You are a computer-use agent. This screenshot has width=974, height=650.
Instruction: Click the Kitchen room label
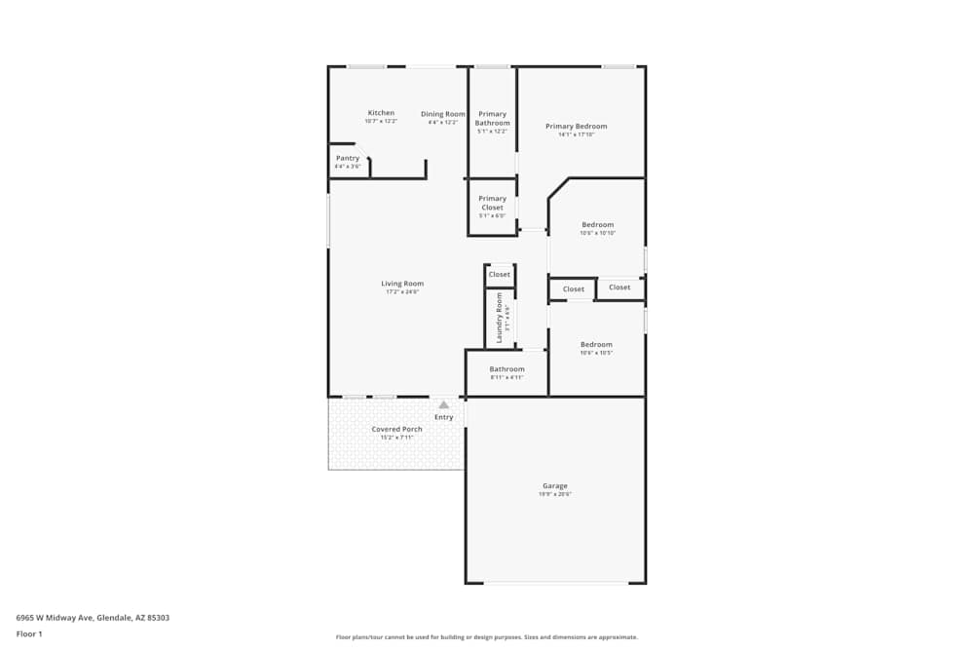coord(381,113)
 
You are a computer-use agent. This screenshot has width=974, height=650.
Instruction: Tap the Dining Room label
coord(443,114)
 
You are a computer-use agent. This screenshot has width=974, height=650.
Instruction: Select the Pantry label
coord(348,158)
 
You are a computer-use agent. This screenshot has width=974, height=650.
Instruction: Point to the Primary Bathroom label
coord(492,119)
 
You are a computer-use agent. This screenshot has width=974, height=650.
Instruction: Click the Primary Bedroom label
coord(576,126)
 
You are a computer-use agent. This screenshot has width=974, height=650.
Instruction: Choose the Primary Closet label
coord(492,203)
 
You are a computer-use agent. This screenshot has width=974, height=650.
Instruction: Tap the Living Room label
coord(402,284)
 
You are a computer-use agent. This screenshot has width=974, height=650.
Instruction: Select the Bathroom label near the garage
coord(506,369)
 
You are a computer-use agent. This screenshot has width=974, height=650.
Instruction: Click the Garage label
coord(555,485)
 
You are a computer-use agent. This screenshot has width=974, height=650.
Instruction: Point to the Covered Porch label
coord(396,429)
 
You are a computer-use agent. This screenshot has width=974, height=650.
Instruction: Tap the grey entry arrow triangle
coord(444,403)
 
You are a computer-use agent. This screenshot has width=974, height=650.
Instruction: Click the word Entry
coord(444,417)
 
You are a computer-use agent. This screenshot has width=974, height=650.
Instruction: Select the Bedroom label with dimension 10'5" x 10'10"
coord(597,224)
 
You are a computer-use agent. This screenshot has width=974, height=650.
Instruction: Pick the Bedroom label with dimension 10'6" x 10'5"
coord(596,344)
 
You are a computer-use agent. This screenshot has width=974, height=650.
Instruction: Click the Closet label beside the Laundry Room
coord(500,275)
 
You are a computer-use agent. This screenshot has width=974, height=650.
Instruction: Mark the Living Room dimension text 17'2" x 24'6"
coord(402,292)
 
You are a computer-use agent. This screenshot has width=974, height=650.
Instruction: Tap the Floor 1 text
coord(29,633)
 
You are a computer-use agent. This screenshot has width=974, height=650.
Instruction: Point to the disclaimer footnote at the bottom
coord(487,637)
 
